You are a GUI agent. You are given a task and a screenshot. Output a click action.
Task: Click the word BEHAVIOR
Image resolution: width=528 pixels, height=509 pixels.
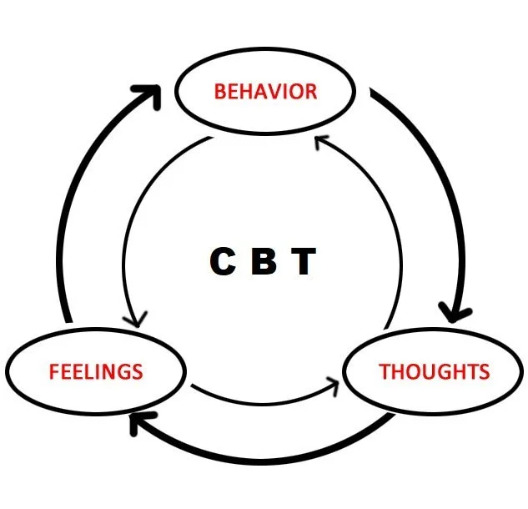tap(265, 90)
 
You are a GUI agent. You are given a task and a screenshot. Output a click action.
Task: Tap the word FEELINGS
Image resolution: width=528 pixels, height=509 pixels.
tap(96, 370)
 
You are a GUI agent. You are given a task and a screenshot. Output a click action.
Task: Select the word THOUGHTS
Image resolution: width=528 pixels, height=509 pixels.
tap(434, 370)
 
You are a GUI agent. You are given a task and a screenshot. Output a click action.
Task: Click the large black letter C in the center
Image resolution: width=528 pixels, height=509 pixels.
tap(224, 262)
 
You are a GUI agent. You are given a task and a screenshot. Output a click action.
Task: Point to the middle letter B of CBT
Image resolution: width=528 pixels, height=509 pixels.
tap(264, 262)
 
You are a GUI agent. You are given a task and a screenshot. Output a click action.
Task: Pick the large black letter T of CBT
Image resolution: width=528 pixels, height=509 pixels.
tap(304, 262)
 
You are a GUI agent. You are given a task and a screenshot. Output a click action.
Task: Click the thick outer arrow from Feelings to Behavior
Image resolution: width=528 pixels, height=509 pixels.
tap(79, 209)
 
